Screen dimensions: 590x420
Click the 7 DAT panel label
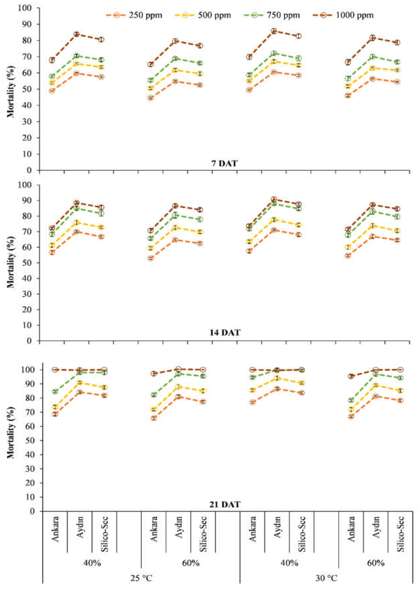click(x=224, y=163)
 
